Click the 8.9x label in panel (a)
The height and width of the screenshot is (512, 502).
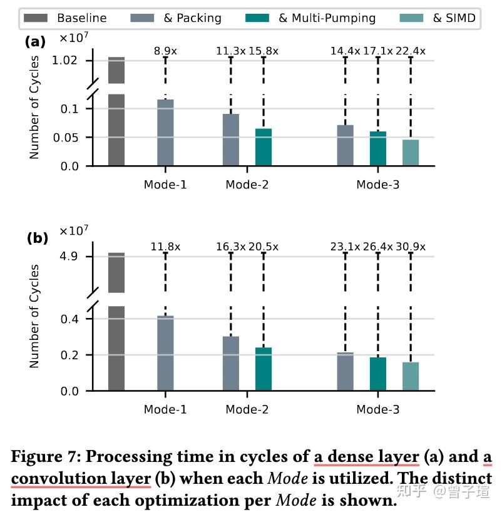165,51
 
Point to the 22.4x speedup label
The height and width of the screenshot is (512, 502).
411,51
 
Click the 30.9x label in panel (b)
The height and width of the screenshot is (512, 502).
411,247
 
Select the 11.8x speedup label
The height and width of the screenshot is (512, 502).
165,247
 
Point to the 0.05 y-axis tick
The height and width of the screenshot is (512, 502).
74,138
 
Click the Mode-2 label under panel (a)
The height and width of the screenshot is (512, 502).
247,185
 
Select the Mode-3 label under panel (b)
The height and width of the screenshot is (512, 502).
377,410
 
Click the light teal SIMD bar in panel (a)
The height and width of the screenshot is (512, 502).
411,153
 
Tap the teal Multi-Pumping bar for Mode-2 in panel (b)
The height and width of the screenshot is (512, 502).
264,369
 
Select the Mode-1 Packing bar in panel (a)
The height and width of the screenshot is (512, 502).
165,133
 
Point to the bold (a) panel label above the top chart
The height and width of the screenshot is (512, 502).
35,42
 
